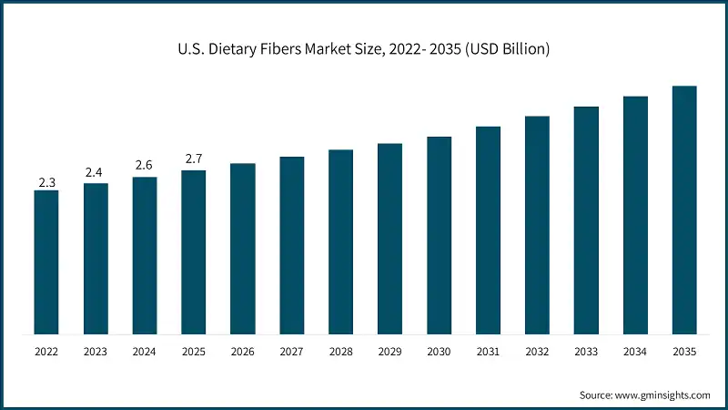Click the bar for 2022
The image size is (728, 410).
pos(46,261)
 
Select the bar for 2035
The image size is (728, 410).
pos(684,210)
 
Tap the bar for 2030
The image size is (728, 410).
pos(439,235)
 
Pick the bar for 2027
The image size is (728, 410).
pos(292,245)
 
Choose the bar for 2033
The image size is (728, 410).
pos(586,220)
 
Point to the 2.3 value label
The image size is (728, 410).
pos(46,182)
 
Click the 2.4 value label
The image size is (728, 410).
pos(96,172)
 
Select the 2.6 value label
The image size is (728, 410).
pos(145,165)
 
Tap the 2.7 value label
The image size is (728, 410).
pos(194,159)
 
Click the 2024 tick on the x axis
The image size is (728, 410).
pos(145,350)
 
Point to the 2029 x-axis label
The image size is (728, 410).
pos(389,350)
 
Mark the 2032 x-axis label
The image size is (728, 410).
pos(537,350)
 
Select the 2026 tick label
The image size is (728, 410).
pos(243,350)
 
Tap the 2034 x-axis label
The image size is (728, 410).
pos(635,350)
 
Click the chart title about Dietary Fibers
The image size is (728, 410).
pos(364,49)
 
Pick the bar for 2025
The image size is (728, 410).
pos(194,251)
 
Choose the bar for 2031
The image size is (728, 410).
pos(488,230)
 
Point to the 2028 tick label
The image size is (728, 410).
pos(340,350)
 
